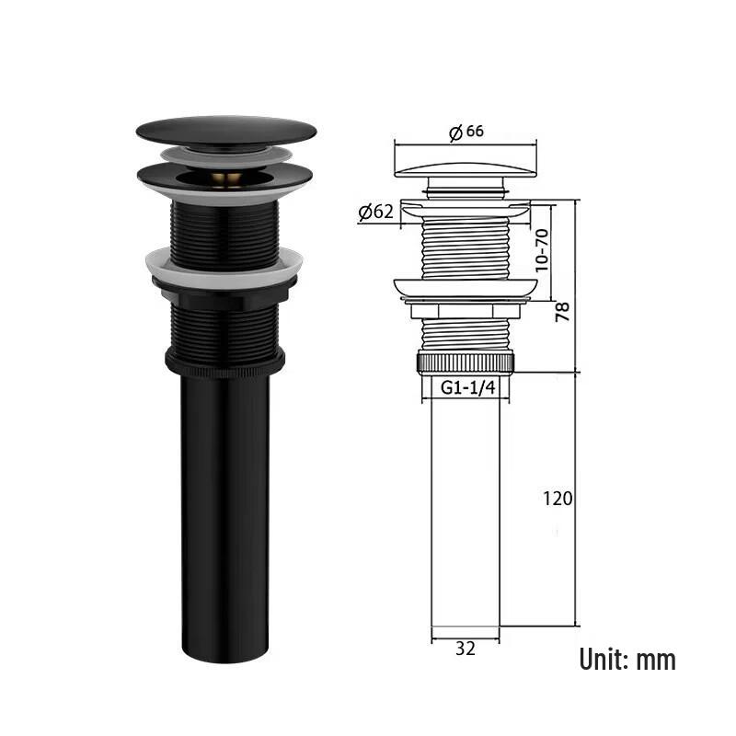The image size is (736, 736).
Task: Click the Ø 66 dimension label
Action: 466,132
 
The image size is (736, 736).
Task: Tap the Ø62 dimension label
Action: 375,212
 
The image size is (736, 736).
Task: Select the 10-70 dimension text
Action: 541,250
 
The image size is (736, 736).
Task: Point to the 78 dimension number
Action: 562,312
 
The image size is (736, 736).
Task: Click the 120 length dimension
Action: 558,498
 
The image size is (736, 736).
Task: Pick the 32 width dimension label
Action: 466,649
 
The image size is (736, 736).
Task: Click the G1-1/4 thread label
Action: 468,387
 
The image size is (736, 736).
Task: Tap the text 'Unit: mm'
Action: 627,659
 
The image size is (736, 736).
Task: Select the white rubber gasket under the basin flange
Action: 224,268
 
